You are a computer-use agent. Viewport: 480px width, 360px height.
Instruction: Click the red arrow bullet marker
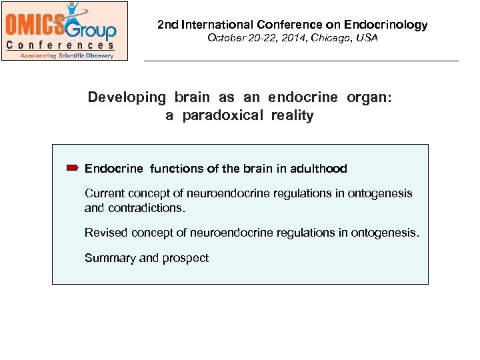tap(73, 169)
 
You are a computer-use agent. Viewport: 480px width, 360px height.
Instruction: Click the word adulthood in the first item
tap(317, 169)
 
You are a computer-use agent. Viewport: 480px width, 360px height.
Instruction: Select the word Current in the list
tap(103, 193)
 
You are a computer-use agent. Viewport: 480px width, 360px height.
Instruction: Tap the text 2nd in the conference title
tap(168, 25)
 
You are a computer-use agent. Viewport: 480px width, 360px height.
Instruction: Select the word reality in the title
tap(292, 115)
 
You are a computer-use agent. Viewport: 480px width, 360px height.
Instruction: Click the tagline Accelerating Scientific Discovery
tap(67, 55)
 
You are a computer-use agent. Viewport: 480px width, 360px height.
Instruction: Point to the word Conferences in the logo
tap(60, 45)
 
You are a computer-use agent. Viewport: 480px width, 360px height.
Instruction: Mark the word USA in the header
tap(367, 38)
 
